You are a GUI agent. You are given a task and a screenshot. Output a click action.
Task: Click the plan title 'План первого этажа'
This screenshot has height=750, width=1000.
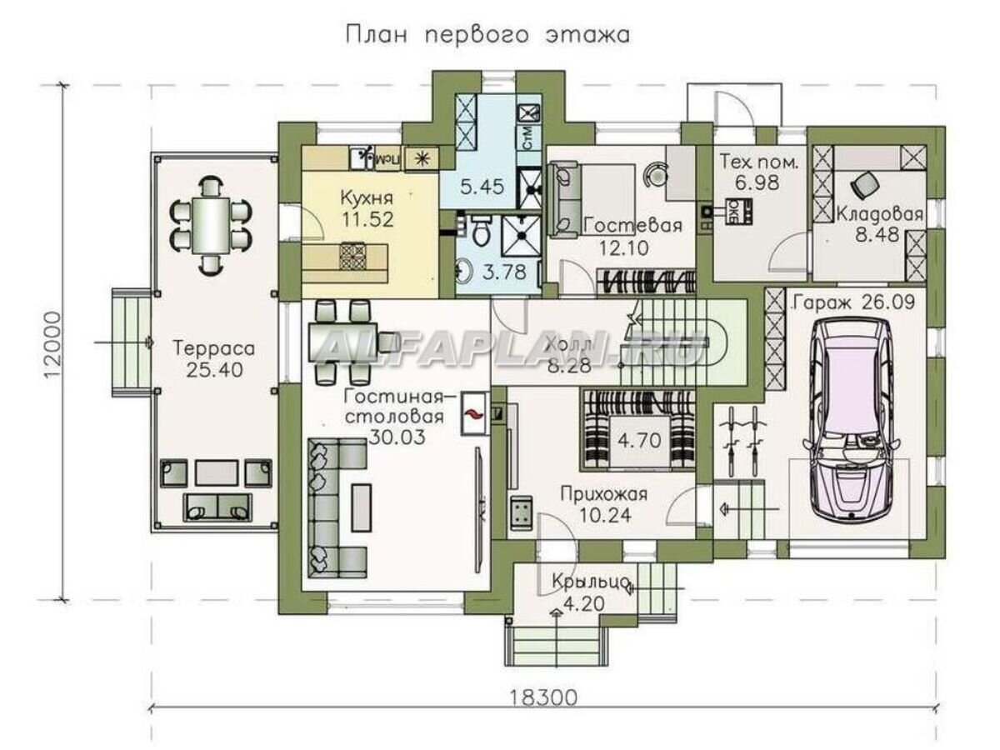pos(486,35)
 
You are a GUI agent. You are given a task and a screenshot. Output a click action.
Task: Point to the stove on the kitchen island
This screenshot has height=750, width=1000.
pos(352,256)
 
